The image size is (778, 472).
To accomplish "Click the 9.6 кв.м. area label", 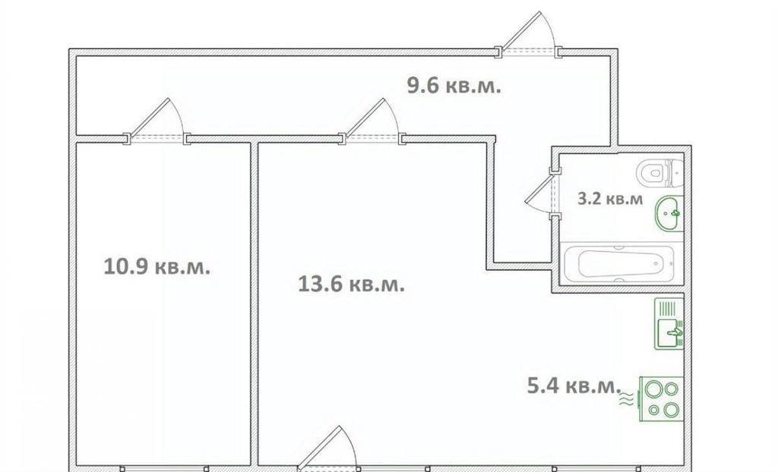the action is pos(454,87).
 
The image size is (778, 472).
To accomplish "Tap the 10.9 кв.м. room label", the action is pos(157,267).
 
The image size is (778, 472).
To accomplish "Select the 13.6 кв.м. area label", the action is pos(351,285).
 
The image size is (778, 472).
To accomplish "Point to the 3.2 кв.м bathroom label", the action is pos(610,199).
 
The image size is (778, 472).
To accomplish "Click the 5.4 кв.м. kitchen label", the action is pos(574,385).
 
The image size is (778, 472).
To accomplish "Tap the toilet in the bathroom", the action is pos(660,173).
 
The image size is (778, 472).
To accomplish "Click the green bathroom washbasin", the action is pos(669,213).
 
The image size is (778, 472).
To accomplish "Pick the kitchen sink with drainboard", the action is pos(669,323).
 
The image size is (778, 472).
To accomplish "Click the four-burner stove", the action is pos(662,399).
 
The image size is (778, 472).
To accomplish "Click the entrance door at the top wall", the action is pos(529,33).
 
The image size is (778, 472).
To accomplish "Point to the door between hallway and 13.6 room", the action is pos(372,121).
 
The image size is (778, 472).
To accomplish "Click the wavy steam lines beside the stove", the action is pos(627,399).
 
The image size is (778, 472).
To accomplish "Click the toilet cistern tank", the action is pos(676,173).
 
